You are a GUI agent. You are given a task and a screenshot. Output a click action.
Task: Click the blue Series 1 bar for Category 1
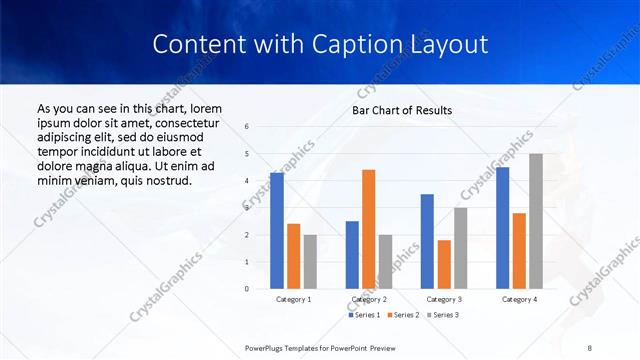point(276,231)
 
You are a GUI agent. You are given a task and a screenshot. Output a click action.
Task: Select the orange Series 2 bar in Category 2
point(368,229)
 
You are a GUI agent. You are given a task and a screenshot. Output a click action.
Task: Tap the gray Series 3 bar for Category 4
point(536,221)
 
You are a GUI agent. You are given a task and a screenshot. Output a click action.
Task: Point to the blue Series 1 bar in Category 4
point(502,228)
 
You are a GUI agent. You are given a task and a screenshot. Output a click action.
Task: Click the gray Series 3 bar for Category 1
point(310,262)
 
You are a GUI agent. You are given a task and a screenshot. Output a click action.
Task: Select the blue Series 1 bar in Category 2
point(352,255)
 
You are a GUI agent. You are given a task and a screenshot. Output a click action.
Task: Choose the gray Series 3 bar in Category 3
point(460,248)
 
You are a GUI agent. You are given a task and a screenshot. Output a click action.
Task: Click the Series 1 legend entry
point(363,315)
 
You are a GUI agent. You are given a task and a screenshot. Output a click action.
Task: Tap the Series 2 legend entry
point(403,315)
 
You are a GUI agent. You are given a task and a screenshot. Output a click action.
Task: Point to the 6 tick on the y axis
point(247,127)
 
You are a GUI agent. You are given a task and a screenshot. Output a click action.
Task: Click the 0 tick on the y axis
point(247,289)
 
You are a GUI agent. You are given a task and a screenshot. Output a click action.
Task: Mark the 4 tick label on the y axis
point(247,181)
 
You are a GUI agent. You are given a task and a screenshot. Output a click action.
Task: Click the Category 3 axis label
point(443,299)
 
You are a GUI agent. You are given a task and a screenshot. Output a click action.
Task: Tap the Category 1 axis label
point(293,299)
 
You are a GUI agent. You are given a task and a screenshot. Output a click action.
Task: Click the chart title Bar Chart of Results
point(402,110)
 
